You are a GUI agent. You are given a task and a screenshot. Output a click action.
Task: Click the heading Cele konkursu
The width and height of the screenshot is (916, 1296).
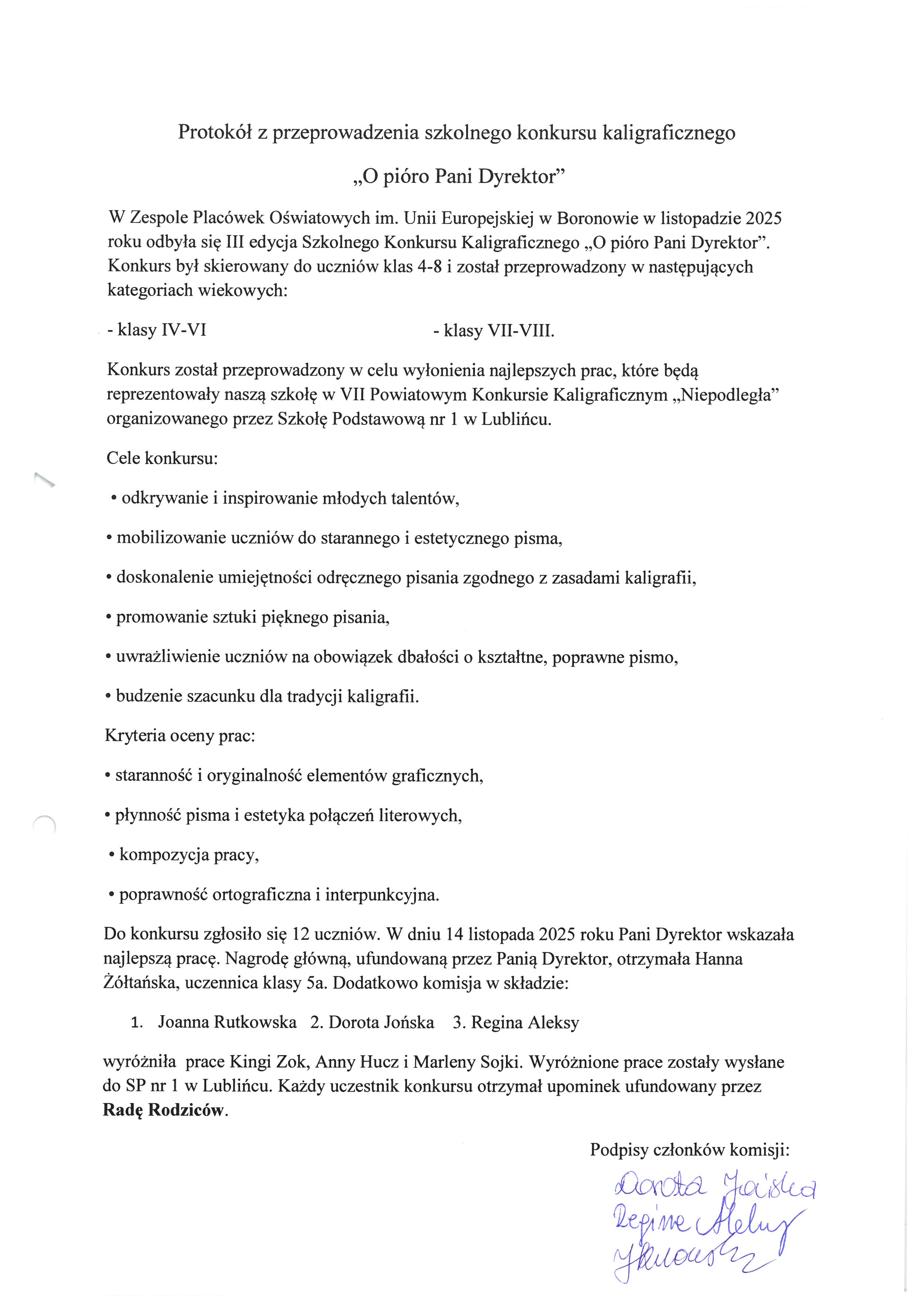point(162,458)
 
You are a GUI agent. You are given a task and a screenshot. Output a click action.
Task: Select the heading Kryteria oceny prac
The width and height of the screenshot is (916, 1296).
point(180,737)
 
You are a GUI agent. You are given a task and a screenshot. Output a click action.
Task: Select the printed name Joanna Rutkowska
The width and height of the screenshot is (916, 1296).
point(227,1023)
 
